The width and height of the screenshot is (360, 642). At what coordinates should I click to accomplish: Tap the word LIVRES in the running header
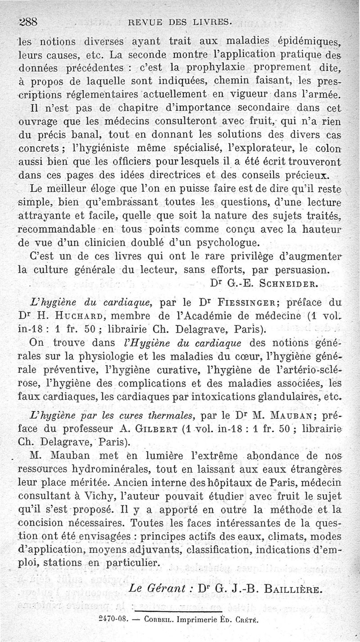coord(212,22)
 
